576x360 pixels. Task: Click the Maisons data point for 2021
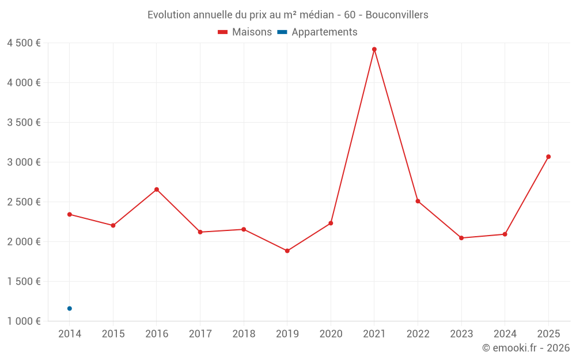[374, 50]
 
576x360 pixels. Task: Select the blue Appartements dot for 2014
[70, 309]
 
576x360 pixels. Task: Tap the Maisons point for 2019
[287, 251]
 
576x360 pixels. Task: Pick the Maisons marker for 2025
[548, 157]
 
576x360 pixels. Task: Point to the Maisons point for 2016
[157, 190]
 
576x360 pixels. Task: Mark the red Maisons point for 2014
[70, 214]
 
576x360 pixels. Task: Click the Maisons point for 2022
[418, 201]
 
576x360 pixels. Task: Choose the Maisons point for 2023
[461, 238]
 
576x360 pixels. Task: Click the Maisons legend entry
[245, 32]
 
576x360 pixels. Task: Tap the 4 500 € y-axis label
[24, 43]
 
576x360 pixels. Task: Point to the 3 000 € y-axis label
[24, 162]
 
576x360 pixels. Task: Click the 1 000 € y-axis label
[24, 321]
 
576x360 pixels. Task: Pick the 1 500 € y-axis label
[24, 282]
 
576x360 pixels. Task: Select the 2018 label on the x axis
[244, 334]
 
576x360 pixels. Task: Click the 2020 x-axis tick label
[331, 334]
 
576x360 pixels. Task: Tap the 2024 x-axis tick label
[505, 334]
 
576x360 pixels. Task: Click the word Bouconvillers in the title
[397, 15]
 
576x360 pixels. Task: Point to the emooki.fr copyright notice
[525, 348]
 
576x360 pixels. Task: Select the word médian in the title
[314, 15]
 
